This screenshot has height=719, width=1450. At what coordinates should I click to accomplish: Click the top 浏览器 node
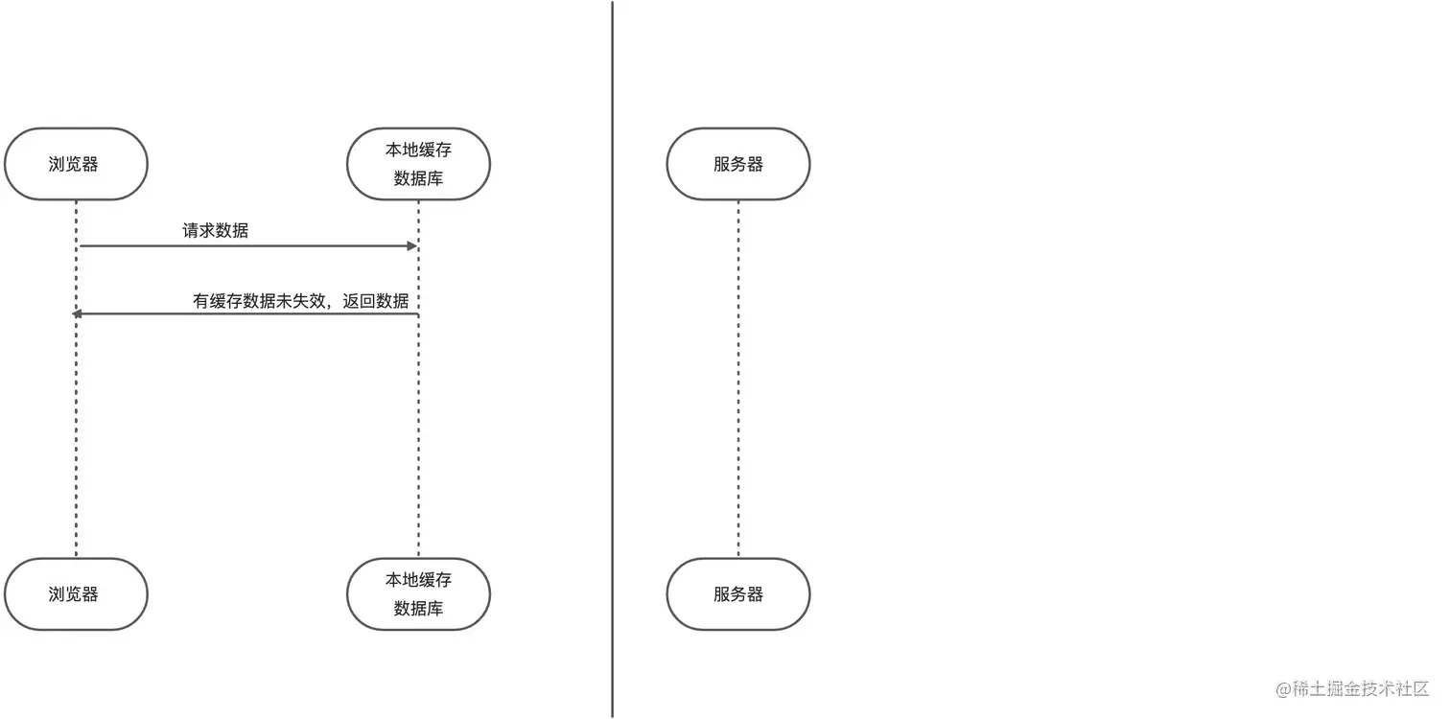pos(76,164)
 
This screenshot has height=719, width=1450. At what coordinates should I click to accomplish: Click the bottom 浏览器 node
pos(76,594)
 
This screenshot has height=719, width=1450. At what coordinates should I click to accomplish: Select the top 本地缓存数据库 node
pos(418,164)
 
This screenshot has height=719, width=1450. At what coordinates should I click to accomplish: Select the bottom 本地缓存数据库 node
pos(418,594)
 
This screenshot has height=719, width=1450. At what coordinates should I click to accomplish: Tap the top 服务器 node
pos(738,164)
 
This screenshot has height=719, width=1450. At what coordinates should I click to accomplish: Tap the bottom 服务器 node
pos(738,594)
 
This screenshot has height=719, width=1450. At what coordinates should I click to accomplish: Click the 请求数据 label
pos(216,230)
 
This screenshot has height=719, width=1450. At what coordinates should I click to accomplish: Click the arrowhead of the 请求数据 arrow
pos(412,246)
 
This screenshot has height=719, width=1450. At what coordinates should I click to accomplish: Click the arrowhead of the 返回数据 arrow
pos(78,314)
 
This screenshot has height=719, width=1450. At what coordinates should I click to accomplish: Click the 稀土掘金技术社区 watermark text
pos(1362,689)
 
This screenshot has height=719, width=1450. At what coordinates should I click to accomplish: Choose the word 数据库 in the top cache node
pos(418,178)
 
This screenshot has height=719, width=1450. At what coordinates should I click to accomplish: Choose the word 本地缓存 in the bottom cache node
pos(418,580)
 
